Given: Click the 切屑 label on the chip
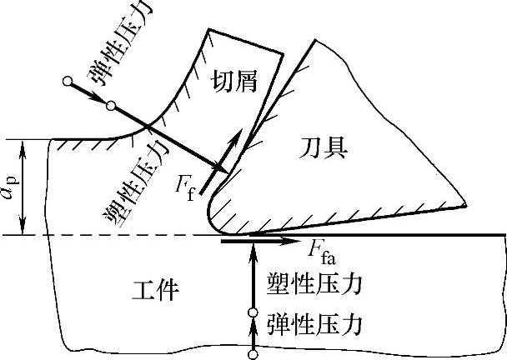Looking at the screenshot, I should point(234,81).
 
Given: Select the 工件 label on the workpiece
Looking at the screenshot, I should point(155,290).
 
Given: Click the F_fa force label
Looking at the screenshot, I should point(324,248).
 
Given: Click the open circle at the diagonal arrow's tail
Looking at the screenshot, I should point(67,81).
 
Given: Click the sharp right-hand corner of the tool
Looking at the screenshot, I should point(464,202).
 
